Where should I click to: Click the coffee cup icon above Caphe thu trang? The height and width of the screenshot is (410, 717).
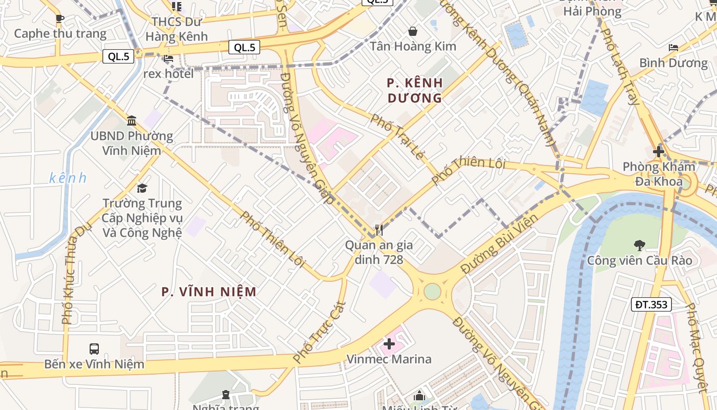[x=60, y=19]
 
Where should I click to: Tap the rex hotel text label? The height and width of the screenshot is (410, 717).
[x=168, y=74]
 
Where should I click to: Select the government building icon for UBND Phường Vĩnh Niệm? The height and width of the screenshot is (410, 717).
[x=132, y=121]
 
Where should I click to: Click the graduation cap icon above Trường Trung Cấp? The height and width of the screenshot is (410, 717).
[x=142, y=188]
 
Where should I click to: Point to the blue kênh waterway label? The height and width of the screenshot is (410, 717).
[x=68, y=178]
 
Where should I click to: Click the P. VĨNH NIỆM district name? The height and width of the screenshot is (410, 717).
[x=209, y=292]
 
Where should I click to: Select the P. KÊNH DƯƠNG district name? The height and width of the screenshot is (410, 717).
[x=415, y=90]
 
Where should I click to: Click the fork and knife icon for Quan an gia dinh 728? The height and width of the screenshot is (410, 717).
[x=379, y=230]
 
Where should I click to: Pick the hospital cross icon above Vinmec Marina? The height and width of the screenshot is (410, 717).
[x=389, y=344]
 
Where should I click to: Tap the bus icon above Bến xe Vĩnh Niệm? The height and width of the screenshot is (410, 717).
[x=94, y=349]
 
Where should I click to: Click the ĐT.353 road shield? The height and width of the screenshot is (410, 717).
[x=651, y=304]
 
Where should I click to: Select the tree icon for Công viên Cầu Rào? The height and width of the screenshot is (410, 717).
[x=639, y=245]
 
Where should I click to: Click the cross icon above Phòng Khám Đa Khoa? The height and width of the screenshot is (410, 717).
[x=659, y=152]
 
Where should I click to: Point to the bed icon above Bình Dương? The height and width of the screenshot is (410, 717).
[x=673, y=48]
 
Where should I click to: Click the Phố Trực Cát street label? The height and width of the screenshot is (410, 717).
[x=320, y=332]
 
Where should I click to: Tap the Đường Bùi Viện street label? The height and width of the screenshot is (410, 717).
[x=499, y=244]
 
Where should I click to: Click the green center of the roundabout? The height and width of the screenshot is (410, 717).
[x=432, y=291]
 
